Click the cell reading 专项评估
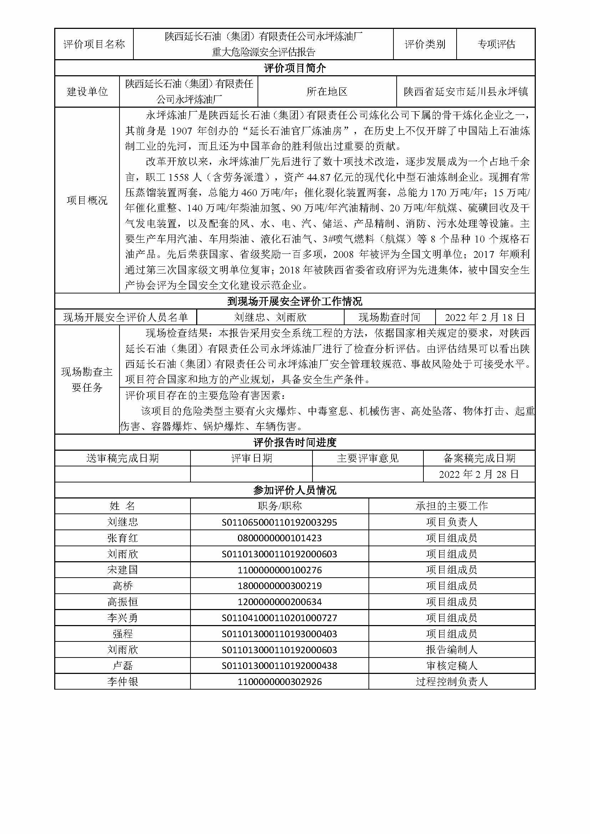(496, 44)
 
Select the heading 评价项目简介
(295, 68)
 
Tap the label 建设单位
(87, 92)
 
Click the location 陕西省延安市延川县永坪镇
(466, 92)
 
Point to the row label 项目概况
(87, 200)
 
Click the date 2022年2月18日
(485, 317)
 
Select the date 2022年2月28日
(479, 474)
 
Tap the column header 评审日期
(251, 459)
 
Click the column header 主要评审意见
(368, 459)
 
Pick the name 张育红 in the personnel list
(122, 538)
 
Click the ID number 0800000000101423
(279, 538)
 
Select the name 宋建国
(122, 570)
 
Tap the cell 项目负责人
(452, 522)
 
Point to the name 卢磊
(122, 665)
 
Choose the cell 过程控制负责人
(452, 681)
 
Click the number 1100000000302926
(279, 681)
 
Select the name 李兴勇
(122, 618)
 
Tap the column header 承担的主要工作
(452, 506)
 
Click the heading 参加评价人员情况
(295, 490)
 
